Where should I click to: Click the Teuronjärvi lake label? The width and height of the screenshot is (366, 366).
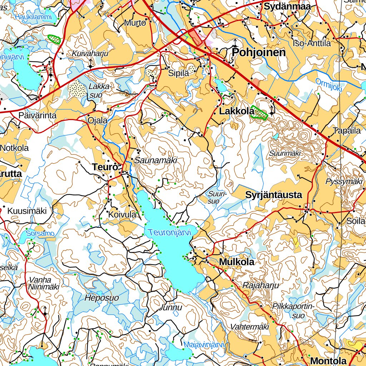click(x=170, y=233)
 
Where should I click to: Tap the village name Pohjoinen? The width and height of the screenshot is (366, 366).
click(x=259, y=53)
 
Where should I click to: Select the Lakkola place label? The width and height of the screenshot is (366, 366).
click(x=234, y=112)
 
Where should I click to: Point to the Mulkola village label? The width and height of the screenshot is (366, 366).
click(x=237, y=262)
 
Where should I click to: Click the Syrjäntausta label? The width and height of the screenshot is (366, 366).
click(x=273, y=195)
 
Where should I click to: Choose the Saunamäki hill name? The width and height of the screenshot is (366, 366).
click(x=156, y=161)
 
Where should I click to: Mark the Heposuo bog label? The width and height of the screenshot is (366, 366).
click(x=102, y=298)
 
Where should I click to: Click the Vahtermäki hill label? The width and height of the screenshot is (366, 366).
click(x=250, y=326)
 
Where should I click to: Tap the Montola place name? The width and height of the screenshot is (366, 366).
click(x=328, y=361)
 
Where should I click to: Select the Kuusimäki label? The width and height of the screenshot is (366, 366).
click(x=27, y=211)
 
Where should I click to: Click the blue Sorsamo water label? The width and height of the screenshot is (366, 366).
click(x=40, y=234)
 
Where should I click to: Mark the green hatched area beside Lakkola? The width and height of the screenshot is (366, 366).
click(x=259, y=113)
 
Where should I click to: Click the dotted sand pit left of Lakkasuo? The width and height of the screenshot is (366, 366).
click(x=77, y=88)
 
